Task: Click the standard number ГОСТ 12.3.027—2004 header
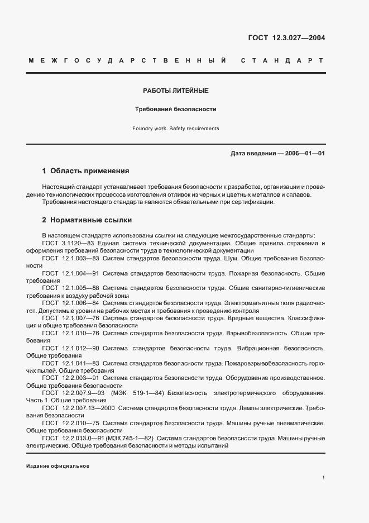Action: [286, 39]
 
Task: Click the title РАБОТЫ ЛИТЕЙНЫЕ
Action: [176, 90]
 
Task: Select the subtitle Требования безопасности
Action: [176, 110]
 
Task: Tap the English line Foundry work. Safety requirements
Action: [176, 129]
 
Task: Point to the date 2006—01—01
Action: [304, 153]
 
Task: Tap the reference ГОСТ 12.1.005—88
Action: [71, 287]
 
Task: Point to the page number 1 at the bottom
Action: [323, 477]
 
